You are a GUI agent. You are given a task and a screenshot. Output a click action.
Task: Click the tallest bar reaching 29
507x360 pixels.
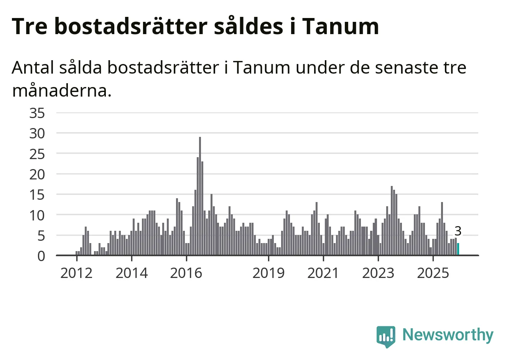[200, 196]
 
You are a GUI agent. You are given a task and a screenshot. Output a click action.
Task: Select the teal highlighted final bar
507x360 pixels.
[458, 249]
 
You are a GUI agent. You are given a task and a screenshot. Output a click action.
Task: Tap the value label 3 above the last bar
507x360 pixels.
[458, 231]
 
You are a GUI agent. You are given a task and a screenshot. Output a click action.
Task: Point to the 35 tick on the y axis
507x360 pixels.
[37, 113]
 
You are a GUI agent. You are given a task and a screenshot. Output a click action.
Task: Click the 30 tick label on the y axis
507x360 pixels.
[37, 133]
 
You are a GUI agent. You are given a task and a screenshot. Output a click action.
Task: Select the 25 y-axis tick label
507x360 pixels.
[37, 154]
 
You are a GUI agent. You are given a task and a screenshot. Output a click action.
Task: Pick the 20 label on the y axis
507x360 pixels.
[37, 174]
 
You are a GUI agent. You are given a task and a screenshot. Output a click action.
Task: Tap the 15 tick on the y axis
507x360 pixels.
[37, 195]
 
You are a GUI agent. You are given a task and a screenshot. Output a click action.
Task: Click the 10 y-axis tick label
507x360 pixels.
[37, 215]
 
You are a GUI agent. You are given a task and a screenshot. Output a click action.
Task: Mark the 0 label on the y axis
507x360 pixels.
[41, 256]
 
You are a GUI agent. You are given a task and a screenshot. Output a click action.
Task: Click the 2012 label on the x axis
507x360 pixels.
[76, 273]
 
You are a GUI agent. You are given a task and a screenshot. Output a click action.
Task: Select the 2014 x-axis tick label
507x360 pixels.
[132, 273]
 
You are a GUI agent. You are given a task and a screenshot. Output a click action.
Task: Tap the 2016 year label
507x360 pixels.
[186, 273]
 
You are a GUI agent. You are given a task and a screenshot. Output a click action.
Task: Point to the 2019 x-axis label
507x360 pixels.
[268, 273]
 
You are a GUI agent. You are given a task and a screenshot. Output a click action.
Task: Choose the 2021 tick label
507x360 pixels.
[323, 273]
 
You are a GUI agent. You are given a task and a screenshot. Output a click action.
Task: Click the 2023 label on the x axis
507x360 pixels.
[378, 273]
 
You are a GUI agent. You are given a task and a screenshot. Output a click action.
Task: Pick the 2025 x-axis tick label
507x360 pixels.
[433, 273]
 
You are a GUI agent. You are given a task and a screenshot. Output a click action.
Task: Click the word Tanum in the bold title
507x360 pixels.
[341, 26]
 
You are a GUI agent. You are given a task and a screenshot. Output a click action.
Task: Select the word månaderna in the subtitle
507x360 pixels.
[62, 91]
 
